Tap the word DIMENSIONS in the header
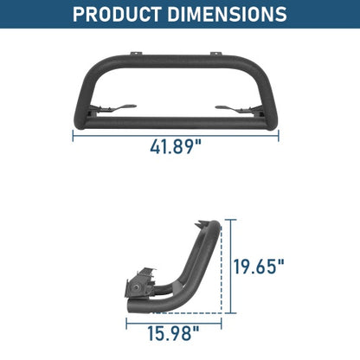point(227,15)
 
